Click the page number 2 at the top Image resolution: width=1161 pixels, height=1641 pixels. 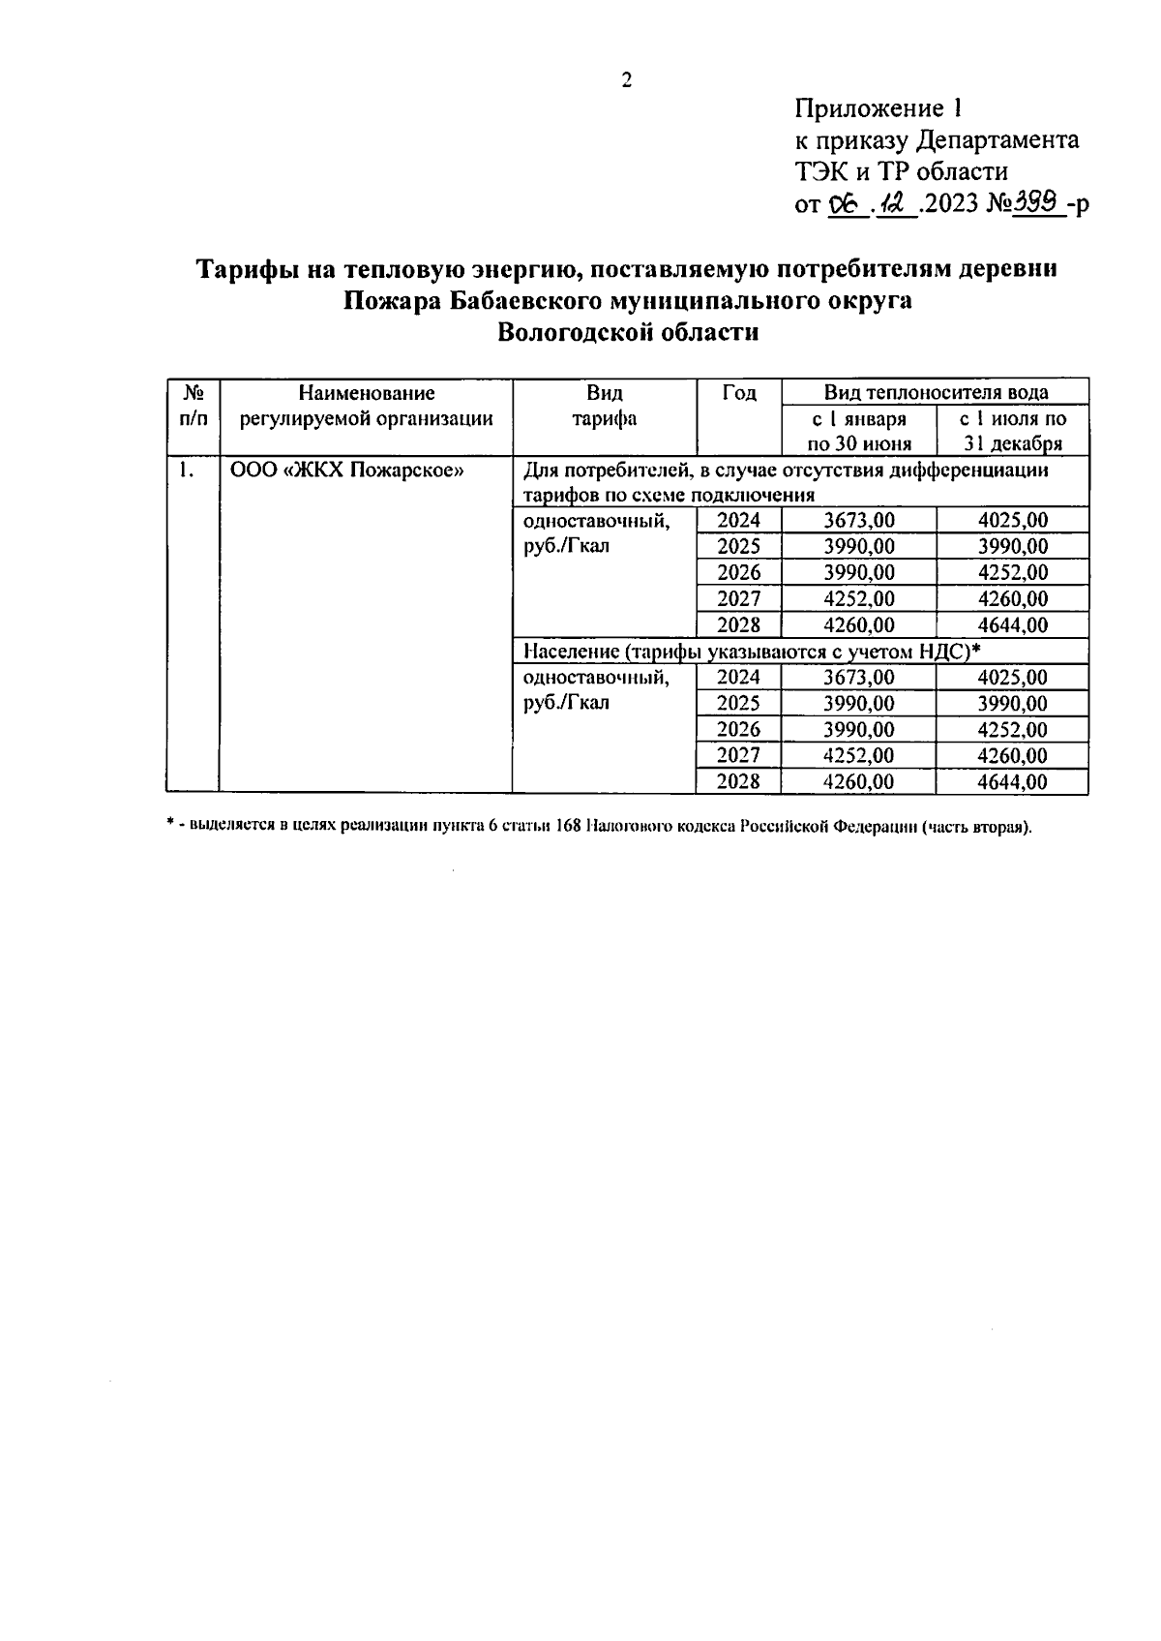pos(626,80)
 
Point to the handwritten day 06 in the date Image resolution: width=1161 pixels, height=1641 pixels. pos(846,204)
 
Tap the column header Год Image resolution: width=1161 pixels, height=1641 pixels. pos(739,393)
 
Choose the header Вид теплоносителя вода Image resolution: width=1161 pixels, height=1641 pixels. pos(936,392)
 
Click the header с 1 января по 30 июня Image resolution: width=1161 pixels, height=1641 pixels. pos(859,431)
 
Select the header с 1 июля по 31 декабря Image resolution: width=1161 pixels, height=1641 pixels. pos(1013,431)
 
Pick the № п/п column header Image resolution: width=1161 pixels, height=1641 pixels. pos(193,406)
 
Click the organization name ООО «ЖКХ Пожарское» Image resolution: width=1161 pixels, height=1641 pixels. pos(346,471)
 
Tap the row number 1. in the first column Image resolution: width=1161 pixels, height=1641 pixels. pos(186,471)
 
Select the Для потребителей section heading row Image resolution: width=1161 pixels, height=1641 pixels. pos(785,482)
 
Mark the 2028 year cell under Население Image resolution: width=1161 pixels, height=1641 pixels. pos(738,781)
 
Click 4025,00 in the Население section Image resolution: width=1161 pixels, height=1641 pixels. pos(1012,677)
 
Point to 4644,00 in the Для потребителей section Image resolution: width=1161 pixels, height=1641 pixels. pos(1012,624)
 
